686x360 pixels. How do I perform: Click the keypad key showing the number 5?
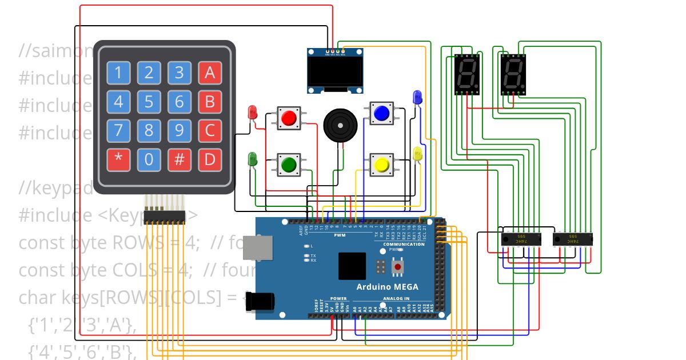[x=149, y=102]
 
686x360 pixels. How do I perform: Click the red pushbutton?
[x=289, y=118]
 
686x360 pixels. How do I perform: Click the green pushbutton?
[x=289, y=165]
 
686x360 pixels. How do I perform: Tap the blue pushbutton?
[x=381, y=114]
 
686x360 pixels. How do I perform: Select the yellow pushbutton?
[x=381, y=165]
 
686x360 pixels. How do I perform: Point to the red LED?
[x=252, y=112]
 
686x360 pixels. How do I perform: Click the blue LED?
[x=417, y=97]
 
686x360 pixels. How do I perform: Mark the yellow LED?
[x=417, y=154]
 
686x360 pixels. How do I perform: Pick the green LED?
[x=252, y=159]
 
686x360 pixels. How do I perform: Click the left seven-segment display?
[x=467, y=74]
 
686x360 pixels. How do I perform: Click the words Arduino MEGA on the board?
[x=387, y=287]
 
